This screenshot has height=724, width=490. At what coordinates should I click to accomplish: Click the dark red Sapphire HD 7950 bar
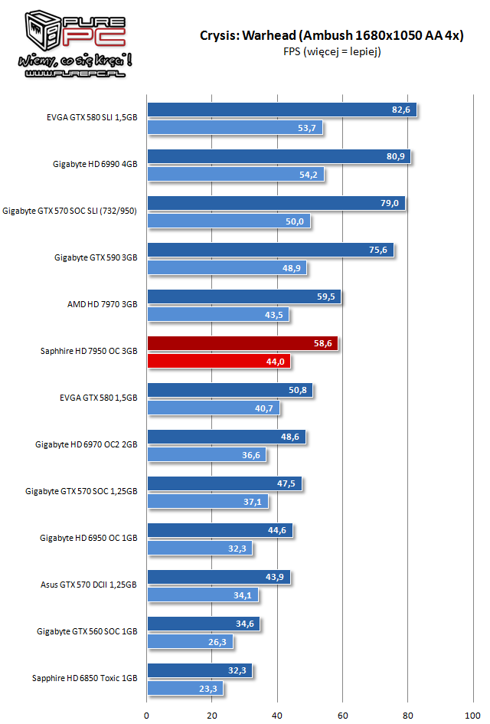click(241, 344)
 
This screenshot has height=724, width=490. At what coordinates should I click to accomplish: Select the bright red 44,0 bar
click(218, 362)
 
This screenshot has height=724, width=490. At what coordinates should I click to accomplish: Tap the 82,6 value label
click(401, 110)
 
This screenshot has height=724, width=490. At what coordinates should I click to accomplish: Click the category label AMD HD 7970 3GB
click(102, 304)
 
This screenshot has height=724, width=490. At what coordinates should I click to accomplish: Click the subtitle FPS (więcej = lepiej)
click(332, 52)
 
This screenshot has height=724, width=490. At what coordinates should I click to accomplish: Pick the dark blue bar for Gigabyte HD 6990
click(279, 157)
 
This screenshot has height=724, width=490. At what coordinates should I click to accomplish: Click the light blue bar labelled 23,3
click(185, 689)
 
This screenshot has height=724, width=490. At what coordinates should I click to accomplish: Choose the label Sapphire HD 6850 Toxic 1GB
click(85, 679)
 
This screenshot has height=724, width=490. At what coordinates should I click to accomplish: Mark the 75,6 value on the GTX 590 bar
click(378, 251)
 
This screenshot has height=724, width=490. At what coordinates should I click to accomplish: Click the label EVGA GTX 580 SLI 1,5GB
click(92, 118)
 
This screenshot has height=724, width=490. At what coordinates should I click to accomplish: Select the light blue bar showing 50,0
click(228, 221)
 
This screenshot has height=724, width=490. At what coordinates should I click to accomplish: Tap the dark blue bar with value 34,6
click(203, 624)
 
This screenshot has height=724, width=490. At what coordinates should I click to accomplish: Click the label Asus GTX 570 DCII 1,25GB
click(89, 585)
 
